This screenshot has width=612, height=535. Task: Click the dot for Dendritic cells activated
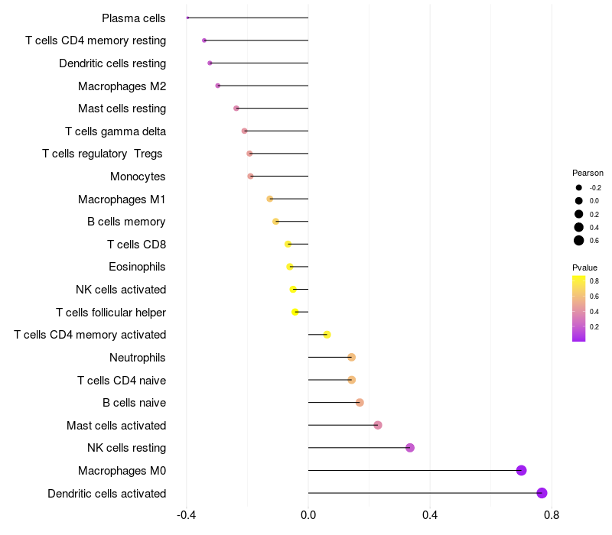(x=542, y=493)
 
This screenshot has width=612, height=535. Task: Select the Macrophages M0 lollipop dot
(x=521, y=470)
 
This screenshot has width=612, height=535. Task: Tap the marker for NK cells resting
(x=410, y=448)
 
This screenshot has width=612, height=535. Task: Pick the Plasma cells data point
(x=187, y=18)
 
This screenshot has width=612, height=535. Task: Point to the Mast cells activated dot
(x=378, y=425)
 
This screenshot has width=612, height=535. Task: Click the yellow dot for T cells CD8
(x=288, y=244)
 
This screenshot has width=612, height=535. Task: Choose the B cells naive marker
(x=360, y=403)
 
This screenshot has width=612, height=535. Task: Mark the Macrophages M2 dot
(x=218, y=86)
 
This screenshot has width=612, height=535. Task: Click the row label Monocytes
(x=138, y=177)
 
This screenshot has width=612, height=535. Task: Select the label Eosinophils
(x=137, y=267)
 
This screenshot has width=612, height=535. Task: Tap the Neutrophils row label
(x=138, y=358)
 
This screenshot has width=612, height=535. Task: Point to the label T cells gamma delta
(x=116, y=131)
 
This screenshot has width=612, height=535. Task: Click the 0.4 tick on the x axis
(x=430, y=515)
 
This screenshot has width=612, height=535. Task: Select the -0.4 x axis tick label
(x=186, y=515)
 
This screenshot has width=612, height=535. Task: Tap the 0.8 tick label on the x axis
(x=552, y=515)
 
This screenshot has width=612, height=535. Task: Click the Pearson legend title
(x=588, y=173)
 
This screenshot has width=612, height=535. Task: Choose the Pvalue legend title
(x=584, y=267)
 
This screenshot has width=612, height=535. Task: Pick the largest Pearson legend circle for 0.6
(x=579, y=241)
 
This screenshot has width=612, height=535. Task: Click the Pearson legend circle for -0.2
(x=579, y=187)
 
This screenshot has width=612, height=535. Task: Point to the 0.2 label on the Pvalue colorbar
(x=594, y=327)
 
